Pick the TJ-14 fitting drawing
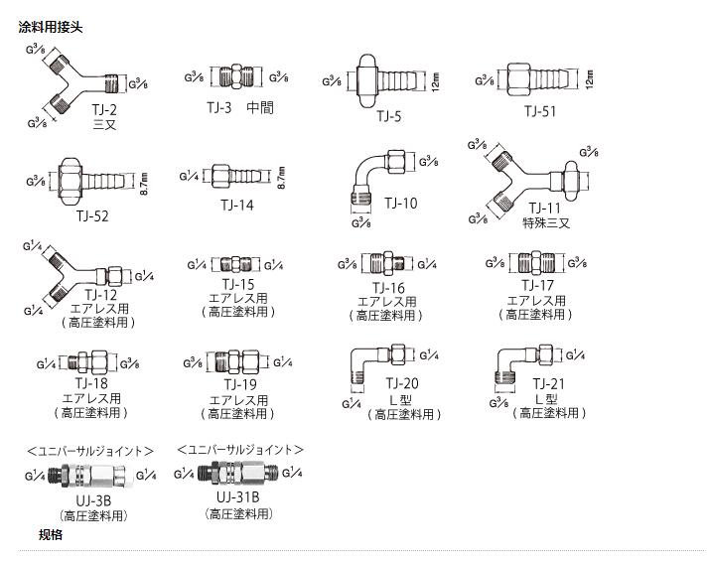tap(235, 178)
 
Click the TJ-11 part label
tap(545, 208)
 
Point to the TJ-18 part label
tap(92, 383)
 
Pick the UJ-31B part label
tap(238, 495)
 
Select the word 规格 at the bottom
tap(50, 535)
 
